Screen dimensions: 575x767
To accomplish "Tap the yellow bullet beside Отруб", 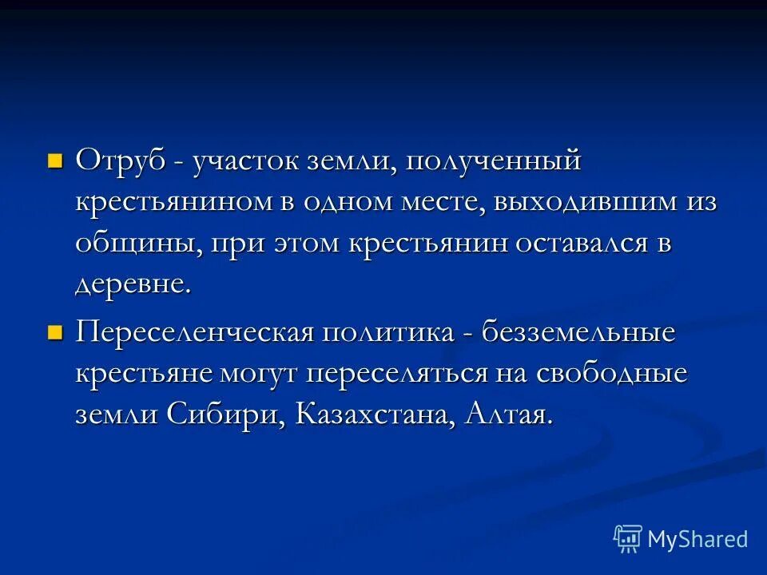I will (x=54, y=161).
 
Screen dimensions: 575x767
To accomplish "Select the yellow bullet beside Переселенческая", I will (x=54, y=331).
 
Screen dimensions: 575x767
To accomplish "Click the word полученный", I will (x=493, y=162).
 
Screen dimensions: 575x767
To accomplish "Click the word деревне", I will (x=133, y=285).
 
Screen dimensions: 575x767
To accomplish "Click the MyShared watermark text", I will (x=697, y=539).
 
